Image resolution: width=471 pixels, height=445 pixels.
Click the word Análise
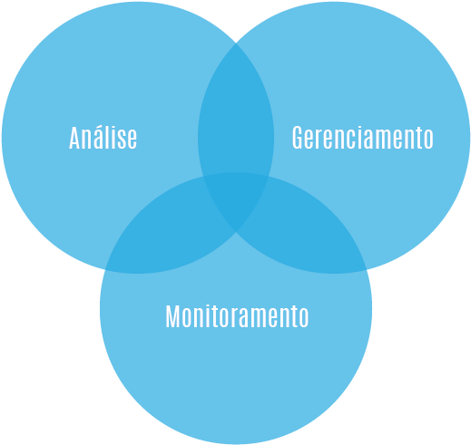click(103, 138)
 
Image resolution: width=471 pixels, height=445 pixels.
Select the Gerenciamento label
click(363, 138)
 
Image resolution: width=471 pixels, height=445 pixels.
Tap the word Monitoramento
click(237, 316)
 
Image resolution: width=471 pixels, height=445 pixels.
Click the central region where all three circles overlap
click(236, 199)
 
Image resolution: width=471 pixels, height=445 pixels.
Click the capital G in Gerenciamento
click(298, 138)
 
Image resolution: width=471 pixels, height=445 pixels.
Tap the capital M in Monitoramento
click(172, 316)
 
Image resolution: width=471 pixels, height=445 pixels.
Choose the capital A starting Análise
click(74, 138)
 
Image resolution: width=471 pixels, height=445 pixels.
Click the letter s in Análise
click(122, 140)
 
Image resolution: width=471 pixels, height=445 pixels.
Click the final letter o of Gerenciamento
click(429, 140)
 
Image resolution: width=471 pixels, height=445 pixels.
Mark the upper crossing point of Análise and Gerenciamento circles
click(236, 43)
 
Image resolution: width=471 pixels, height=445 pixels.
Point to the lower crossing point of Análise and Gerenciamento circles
click(236, 232)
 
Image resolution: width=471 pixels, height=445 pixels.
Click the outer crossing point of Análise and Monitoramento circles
click(105, 269)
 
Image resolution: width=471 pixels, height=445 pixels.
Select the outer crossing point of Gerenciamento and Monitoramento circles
click(367, 269)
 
